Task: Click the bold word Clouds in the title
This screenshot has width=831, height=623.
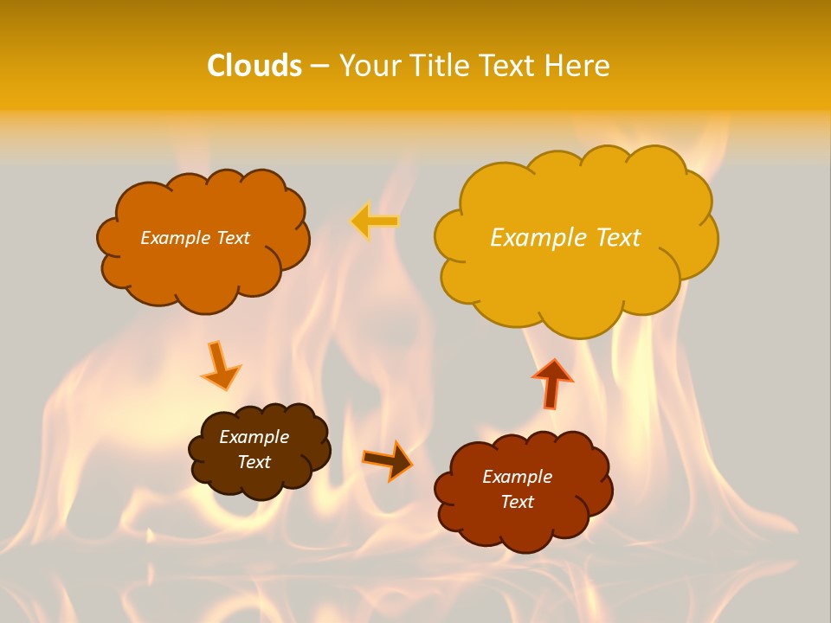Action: click(x=254, y=66)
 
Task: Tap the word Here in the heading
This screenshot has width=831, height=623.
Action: click(x=577, y=66)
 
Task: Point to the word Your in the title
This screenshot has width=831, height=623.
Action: click(x=370, y=66)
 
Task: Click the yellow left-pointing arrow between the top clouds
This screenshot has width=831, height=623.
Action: click(x=374, y=222)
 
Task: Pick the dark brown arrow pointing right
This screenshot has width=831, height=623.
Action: click(x=387, y=459)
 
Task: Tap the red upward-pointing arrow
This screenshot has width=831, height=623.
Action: click(x=552, y=382)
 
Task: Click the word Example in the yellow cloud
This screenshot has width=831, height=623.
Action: click(x=533, y=237)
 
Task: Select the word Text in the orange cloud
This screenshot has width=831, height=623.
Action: click(x=232, y=238)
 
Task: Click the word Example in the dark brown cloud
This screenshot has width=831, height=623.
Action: click(x=254, y=437)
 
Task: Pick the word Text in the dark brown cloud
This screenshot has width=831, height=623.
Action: click(x=254, y=462)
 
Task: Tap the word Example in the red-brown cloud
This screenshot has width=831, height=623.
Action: click(x=517, y=477)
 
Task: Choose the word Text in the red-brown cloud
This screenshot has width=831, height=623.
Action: click(x=517, y=502)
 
